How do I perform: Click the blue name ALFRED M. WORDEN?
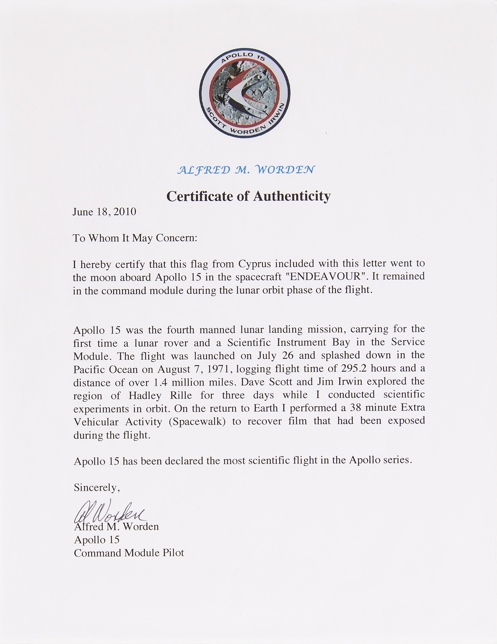click(246, 170)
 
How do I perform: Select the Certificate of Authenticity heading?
click(248, 196)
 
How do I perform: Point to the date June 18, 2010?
click(104, 212)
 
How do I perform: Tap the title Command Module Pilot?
click(129, 553)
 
